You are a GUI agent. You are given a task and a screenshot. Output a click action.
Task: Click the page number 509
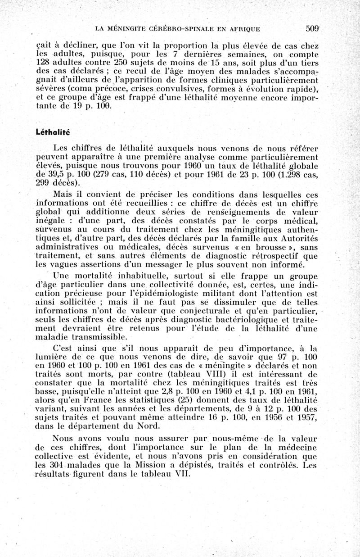[312, 28]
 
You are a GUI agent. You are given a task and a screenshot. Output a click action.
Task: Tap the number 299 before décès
[43, 183]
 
